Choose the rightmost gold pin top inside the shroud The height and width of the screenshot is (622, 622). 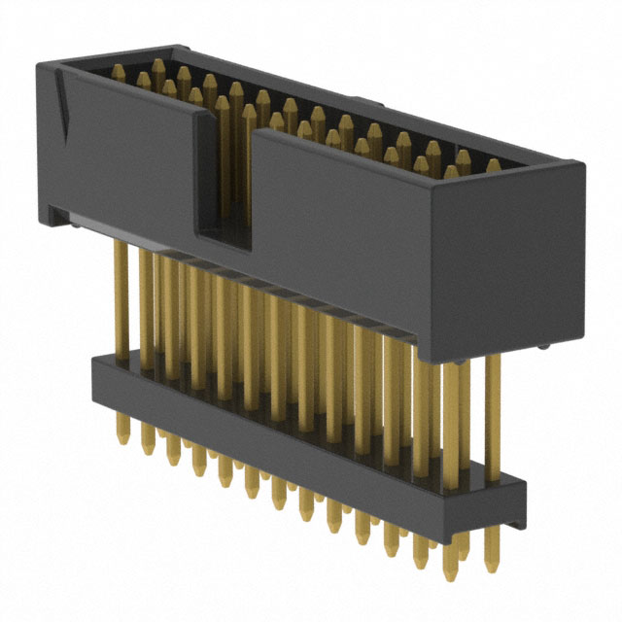(494, 166)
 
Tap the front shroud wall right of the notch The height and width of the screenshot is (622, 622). (340, 233)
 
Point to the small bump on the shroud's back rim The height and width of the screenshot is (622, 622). (361, 100)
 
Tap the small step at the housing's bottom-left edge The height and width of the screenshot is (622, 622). (58, 216)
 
